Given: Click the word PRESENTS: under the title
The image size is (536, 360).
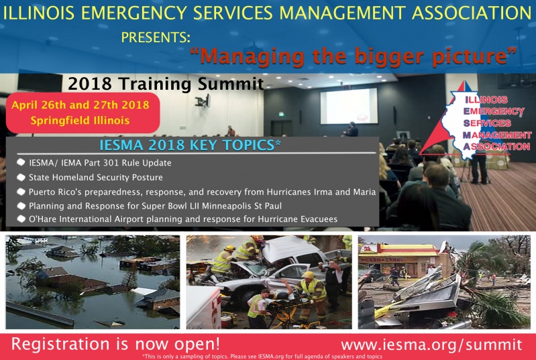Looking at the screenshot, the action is [x=156, y=38].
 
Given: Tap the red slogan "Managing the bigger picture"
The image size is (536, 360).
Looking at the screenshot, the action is [x=354, y=56].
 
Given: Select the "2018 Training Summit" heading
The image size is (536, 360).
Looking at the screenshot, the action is [x=166, y=84].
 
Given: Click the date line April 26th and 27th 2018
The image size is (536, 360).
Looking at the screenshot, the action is [x=81, y=105].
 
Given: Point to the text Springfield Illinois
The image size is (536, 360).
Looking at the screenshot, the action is [x=80, y=121].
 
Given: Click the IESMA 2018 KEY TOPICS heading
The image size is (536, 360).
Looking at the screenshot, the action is [x=190, y=145].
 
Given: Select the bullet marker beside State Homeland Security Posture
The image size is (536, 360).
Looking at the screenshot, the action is [x=21, y=177].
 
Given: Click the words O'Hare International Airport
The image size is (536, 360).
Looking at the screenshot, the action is [x=86, y=219].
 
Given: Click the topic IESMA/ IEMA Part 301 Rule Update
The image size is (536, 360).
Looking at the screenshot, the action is [x=100, y=163].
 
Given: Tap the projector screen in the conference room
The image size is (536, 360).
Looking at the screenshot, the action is [x=349, y=106].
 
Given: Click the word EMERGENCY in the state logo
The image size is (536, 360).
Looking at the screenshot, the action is [x=494, y=111].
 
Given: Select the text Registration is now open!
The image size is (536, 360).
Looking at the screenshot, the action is [x=115, y=344].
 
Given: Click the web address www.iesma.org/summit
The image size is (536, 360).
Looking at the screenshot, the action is [x=431, y=345].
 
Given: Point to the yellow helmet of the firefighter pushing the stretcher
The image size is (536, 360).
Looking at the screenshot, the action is [x=308, y=275].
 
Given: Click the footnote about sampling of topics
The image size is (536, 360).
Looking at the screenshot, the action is [x=262, y=357].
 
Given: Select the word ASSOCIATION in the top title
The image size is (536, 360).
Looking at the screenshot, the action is [x=472, y=13].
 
